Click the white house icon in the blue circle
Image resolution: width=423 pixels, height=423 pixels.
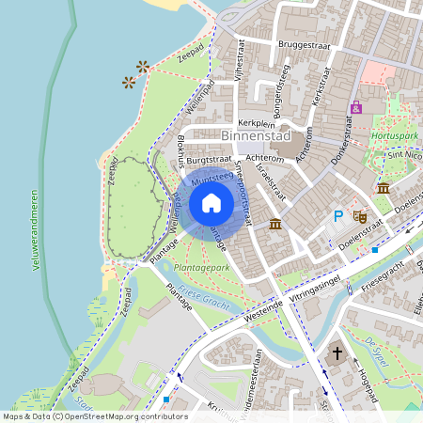coord(211,203)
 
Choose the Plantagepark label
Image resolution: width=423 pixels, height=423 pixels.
coord(202,268)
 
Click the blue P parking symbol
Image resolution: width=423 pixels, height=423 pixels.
coord(338,216)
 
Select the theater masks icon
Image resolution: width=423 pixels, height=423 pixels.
coord(358,215)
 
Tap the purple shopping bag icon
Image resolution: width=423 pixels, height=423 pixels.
coord(355,108)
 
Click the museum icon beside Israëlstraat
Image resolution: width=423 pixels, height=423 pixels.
coord(274,224)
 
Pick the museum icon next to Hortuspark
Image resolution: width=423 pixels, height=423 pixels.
coord(384,189)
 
